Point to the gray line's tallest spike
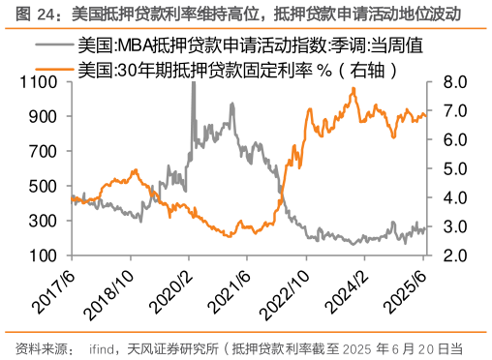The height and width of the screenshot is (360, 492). (194, 84)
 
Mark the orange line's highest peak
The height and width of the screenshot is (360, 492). (354, 89)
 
